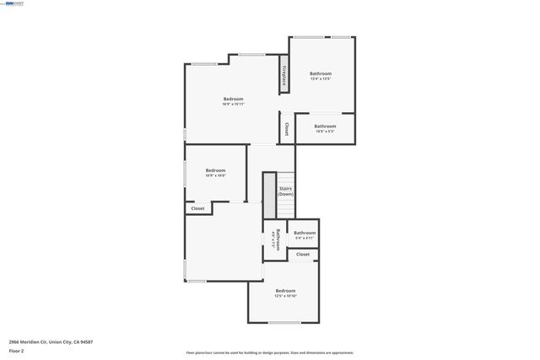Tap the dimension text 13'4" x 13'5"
tap(320, 79)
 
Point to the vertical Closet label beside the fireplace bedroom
tap(287, 129)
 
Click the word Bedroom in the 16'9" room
tap(233, 99)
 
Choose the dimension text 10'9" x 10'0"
tap(215, 175)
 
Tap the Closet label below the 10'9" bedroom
tap(197, 208)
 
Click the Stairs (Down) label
tap(285, 191)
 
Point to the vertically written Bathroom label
tap(275, 240)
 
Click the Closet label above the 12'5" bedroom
tap(302, 254)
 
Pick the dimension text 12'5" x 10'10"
tap(285, 296)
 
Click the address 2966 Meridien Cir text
tap(51, 341)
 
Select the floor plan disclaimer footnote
tap(270, 352)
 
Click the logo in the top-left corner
tap(13, 3)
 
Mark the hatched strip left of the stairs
tap(269, 196)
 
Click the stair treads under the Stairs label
tap(286, 208)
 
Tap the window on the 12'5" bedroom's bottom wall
tap(284, 322)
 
